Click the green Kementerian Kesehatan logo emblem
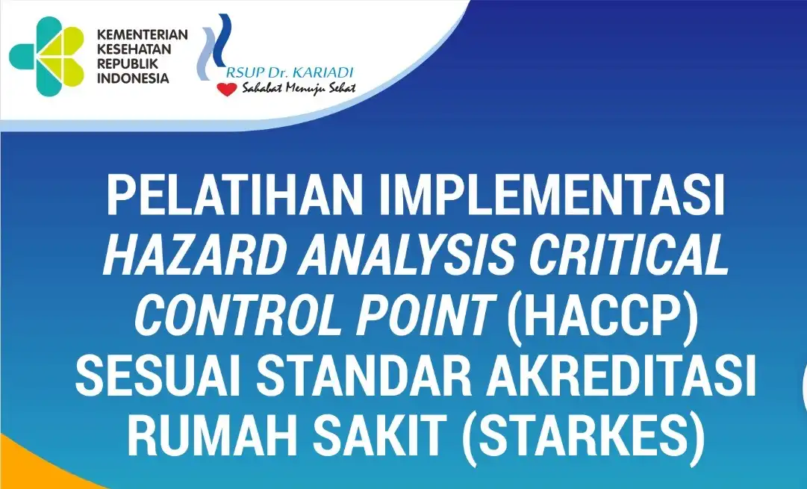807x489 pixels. pyautogui.click(x=47, y=55)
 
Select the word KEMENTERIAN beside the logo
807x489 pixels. pyautogui.click(x=142, y=34)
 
